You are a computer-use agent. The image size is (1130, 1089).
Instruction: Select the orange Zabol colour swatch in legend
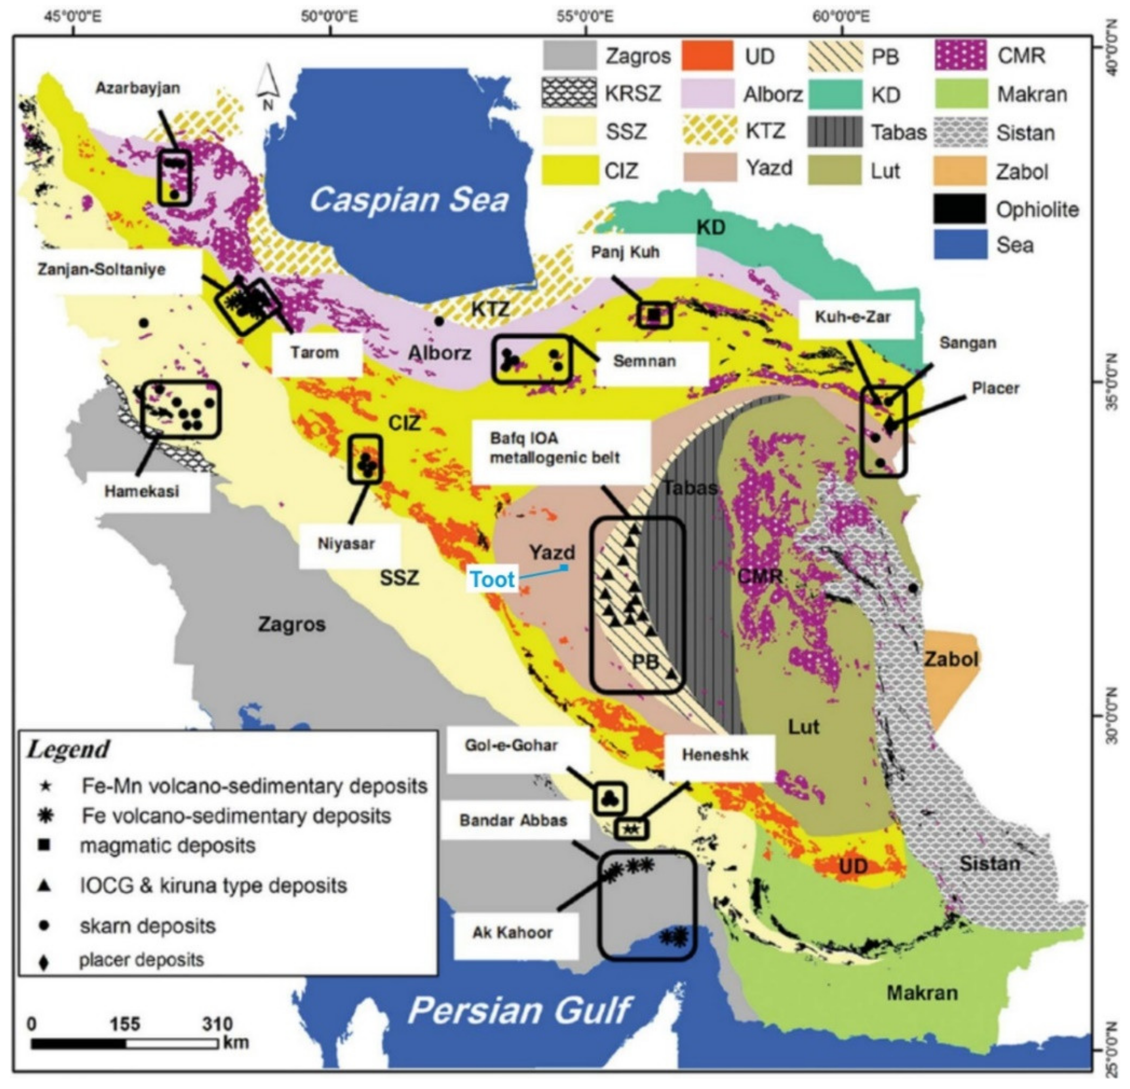pos(960,171)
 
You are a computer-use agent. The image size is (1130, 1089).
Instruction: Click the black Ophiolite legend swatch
pos(960,209)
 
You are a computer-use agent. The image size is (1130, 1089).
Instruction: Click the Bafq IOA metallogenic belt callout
pos(555,448)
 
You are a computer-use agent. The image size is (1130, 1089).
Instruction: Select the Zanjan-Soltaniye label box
pos(102,269)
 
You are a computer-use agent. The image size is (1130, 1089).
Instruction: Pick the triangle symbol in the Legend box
pos(44,886)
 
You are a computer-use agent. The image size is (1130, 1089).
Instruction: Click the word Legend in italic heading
pos(68,749)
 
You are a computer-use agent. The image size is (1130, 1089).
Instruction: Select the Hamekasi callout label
pos(142,492)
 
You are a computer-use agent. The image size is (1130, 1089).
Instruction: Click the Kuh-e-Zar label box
pos(853,317)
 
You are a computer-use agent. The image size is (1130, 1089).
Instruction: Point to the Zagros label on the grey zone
pos(292,624)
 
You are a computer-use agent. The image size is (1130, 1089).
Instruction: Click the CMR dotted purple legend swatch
pos(960,56)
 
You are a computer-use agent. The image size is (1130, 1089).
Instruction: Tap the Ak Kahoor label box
pos(512,932)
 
